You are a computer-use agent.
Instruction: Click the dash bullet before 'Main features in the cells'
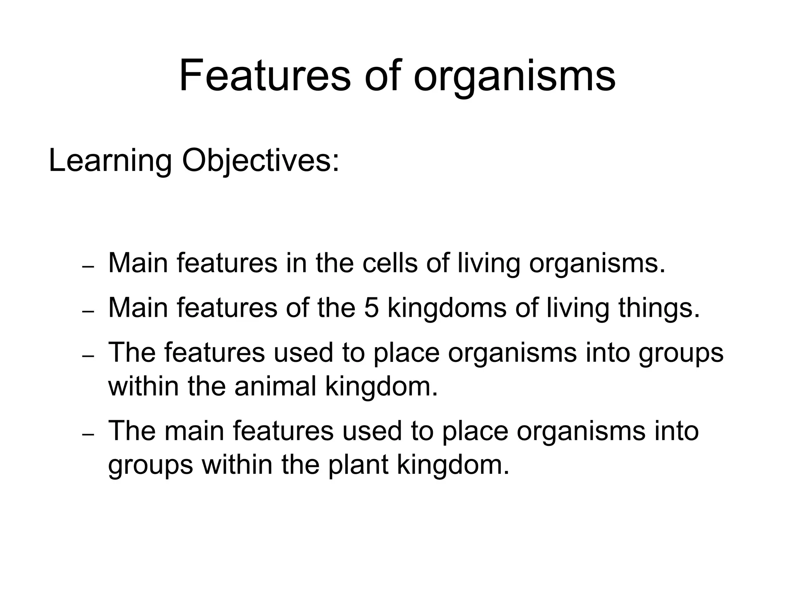[x=89, y=268]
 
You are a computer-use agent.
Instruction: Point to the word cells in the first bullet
[x=390, y=263]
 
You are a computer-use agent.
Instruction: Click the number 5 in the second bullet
[x=371, y=307]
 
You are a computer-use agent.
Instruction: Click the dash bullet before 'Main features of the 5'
[x=89, y=312]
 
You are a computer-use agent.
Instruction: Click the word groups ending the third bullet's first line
[x=681, y=353]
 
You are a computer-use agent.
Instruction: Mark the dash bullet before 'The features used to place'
[x=89, y=357]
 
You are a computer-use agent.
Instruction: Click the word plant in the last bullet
[x=358, y=464]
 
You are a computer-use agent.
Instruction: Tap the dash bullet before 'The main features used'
[x=89, y=435]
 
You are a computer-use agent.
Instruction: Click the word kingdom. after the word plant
[x=453, y=464]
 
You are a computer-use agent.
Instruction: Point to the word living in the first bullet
[x=489, y=263]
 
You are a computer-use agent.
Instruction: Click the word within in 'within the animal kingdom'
[x=144, y=386]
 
